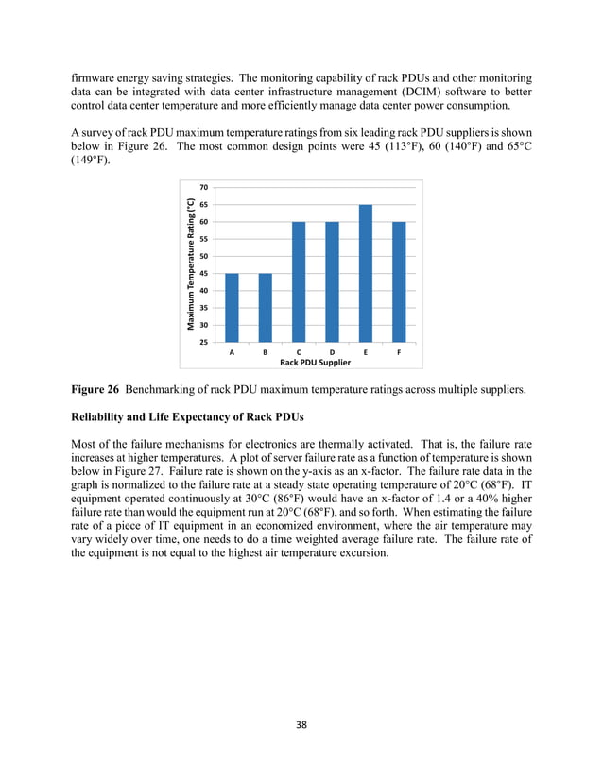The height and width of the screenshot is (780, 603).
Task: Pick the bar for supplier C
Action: pos(299,282)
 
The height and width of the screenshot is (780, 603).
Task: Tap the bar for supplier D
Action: pos(332,282)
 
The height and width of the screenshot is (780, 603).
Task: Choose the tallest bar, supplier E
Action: pos(365,274)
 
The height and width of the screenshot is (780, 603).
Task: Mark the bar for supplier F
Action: pos(398,282)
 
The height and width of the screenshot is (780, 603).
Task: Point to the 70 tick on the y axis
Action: pos(204,188)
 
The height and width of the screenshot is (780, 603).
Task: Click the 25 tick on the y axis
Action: pos(204,342)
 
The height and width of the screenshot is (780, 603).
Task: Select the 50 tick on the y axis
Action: pos(204,256)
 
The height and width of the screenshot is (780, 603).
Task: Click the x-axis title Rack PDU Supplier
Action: pos(315,362)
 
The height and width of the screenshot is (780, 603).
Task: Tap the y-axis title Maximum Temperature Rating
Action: pos(190,264)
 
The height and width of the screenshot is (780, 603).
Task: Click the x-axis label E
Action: pos(365,351)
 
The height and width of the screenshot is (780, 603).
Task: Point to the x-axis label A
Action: pos(233,351)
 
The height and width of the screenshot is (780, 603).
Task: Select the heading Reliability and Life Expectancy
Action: pos(194,415)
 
